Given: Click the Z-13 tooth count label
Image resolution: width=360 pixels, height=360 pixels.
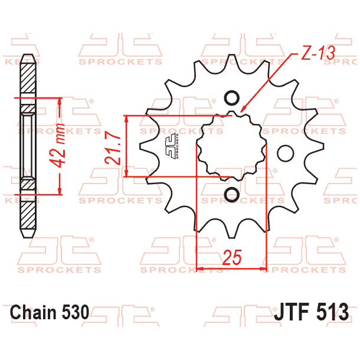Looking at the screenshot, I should [318, 53].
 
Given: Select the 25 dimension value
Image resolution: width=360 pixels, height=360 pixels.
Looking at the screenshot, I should [233, 257].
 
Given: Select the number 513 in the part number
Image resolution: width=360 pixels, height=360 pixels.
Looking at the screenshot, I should [333, 312].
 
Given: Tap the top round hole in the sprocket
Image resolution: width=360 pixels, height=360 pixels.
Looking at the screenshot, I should [231, 98].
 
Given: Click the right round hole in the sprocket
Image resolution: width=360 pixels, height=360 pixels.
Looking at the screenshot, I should [285, 153].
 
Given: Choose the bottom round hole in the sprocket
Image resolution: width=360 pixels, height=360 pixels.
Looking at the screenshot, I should [231, 194].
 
